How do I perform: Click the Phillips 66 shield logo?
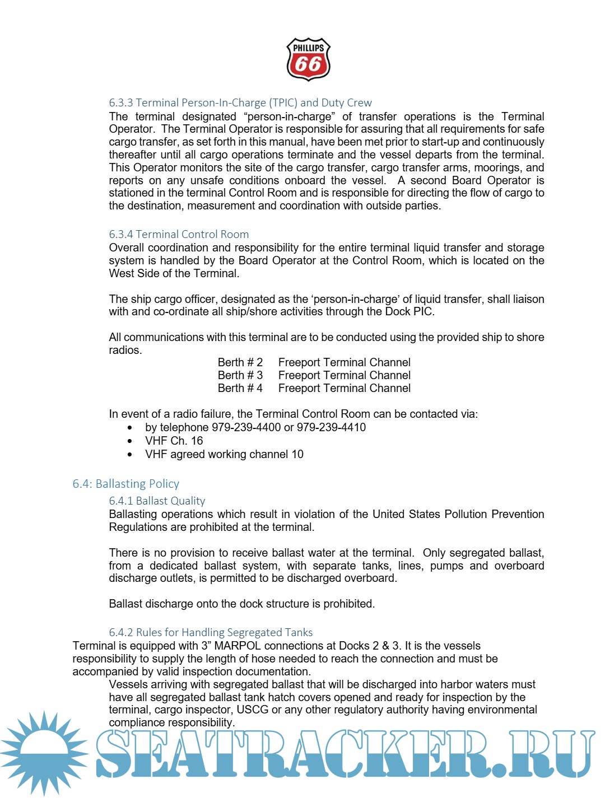click(x=308, y=59)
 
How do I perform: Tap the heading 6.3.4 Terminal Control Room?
click(x=179, y=234)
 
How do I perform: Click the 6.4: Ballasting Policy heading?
click(x=125, y=483)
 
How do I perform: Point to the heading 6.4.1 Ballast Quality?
click(x=157, y=501)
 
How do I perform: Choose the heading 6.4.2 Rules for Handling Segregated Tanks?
click(x=211, y=632)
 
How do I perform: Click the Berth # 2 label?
click(x=240, y=362)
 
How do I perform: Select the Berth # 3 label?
click(x=240, y=375)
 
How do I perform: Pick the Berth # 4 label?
click(x=240, y=388)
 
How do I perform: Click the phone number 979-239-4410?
click(x=331, y=427)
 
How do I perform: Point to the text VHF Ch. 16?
click(x=174, y=441)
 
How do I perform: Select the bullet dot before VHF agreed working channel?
click(x=130, y=454)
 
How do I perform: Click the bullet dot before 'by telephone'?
click(x=130, y=427)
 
